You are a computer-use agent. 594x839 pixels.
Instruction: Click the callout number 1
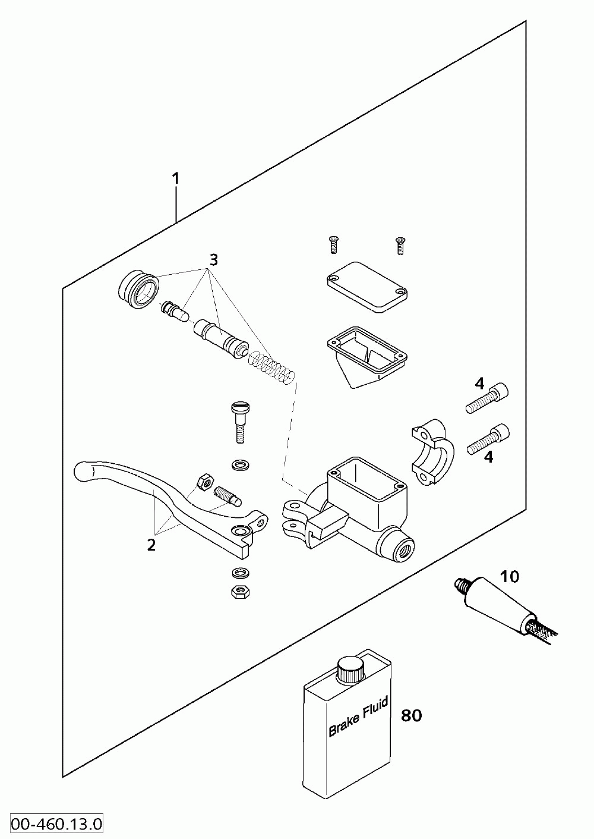pyautogui.click(x=175, y=178)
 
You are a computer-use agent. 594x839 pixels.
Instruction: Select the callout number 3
pyautogui.click(x=213, y=260)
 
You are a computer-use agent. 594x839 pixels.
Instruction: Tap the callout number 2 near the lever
pyautogui.click(x=152, y=545)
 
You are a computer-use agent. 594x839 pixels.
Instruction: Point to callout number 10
pyautogui.click(x=509, y=576)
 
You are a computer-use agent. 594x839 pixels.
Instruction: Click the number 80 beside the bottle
pyautogui.click(x=411, y=715)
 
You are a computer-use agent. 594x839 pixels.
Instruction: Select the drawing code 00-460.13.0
pyautogui.click(x=52, y=825)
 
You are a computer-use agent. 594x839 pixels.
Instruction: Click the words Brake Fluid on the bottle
pyautogui.click(x=358, y=717)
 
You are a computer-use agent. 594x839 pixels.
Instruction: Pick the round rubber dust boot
pyautogui.click(x=137, y=290)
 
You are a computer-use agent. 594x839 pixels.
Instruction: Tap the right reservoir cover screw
pyautogui.click(x=399, y=244)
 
